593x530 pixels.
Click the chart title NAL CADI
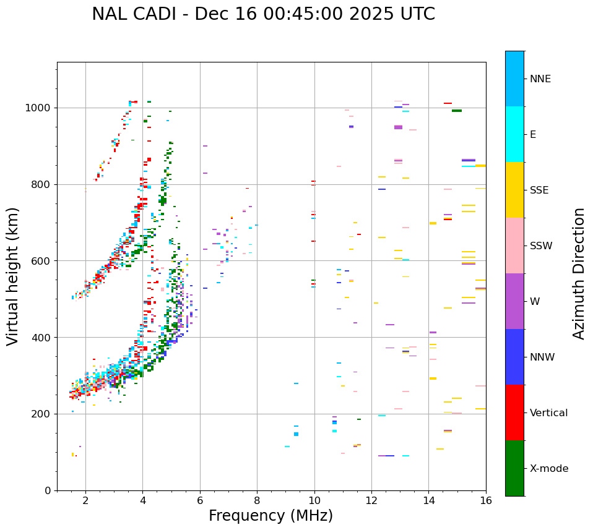pyautogui.click(x=263, y=14)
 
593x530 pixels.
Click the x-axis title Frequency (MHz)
pyautogui.click(x=271, y=516)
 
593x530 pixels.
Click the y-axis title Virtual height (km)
pyautogui.click(x=13, y=276)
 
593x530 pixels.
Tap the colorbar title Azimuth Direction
pyautogui.click(x=579, y=273)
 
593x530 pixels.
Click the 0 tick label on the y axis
pyautogui.click(x=47, y=490)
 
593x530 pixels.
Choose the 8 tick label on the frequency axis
pyautogui.click(x=257, y=500)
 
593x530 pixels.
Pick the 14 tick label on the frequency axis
pyautogui.click(x=428, y=500)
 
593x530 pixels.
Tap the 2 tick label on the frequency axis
pyautogui.click(x=85, y=500)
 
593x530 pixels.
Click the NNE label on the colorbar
pyautogui.click(x=540, y=79)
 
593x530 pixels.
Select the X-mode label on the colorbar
pyautogui.click(x=548, y=469)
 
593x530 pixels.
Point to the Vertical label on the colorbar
pyautogui.click(x=548, y=413)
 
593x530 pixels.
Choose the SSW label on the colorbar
pyautogui.click(x=541, y=246)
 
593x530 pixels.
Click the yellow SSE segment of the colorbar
pyautogui.click(x=514, y=190)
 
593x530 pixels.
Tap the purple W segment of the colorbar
pyautogui.click(x=514, y=301)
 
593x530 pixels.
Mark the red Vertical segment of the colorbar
pyautogui.click(x=514, y=412)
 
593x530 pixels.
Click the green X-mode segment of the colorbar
pyautogui.click(x=514, y=468)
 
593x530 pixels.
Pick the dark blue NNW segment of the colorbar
pyautogui.click(x=514, y=357)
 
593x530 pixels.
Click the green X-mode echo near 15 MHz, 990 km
pyautogui.click(x=457, y=111)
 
